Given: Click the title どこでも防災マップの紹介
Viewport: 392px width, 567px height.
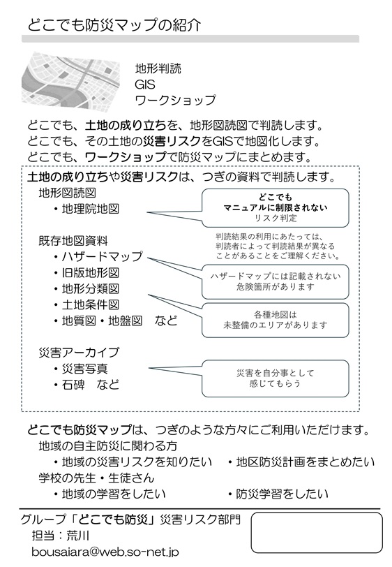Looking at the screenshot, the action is pyautogui.click(x=114, y=25).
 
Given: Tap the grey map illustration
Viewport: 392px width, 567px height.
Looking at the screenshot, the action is pyautogui.click(x=71, y=80).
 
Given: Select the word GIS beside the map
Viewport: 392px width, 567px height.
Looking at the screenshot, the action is pyautogui.click(x=145, y=84).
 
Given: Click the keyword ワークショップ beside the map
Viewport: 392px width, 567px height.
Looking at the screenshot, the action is pyautogui.click(x=175, y=100).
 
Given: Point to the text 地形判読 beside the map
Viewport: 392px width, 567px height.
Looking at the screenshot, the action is pyautogui.click(x=158, y=68).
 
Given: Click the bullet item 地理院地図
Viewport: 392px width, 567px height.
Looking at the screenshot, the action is pyautogui.click(x=86, y=209).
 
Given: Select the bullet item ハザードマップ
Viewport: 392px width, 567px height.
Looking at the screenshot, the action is pyautogui.click(x=98, y=256).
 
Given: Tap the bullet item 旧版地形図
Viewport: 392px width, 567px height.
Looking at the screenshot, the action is pyautogui.click(x=86, y=272).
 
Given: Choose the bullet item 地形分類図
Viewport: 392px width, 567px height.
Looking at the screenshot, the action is pyautogui.click(x=86, y=288).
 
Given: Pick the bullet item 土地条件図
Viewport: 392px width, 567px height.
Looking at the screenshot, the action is pyautogui.click(x=86, y=304).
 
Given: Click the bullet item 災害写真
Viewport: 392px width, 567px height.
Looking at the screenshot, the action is pyautogui.click(x=81, y=369).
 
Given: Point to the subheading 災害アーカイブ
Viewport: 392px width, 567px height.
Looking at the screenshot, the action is pyautogui.click(x=79, y=352).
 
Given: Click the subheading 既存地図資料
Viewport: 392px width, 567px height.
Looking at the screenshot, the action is pyautogui.click(x=73, y=240).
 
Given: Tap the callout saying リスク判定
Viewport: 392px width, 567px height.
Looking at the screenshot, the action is pyautogui.click(x=276, y=207).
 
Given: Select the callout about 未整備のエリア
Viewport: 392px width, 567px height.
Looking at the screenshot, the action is pyautogui.click(x=276, y=320).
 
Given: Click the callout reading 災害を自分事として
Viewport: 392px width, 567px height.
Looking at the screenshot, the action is pyautogui.click(x=276, y=378).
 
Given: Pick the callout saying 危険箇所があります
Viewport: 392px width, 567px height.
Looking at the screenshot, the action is pyautogui.click(x=276, y=281).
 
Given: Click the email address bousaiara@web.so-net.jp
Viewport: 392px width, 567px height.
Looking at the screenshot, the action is pyautogui.click(x=105, y=552).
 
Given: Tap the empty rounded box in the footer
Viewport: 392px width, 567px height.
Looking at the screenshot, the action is pyautogui.click(x=317, y=532).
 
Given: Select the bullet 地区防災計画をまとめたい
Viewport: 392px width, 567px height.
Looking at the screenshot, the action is pyautogui.click(x=301, y=462).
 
